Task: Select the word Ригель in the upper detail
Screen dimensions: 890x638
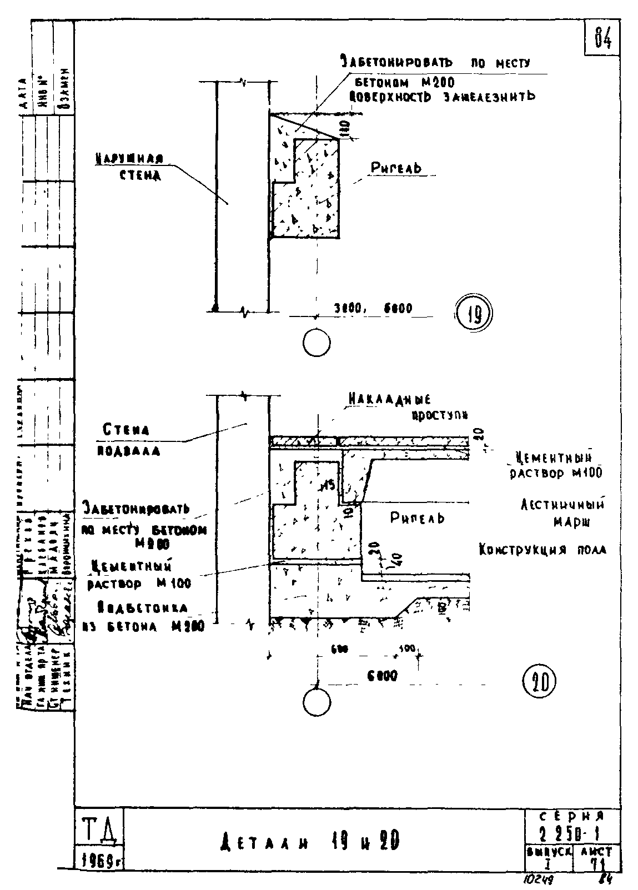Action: coord(396,168)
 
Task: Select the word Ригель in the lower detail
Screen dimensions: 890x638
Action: coord(417,519)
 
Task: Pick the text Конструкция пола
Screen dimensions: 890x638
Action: coord(542,550)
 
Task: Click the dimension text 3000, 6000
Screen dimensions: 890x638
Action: coord(373,308)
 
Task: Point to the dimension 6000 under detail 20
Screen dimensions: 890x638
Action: coord(382,676)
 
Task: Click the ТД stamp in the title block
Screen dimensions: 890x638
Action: coord(98,829)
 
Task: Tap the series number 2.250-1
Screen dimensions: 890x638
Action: coord(572,835)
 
